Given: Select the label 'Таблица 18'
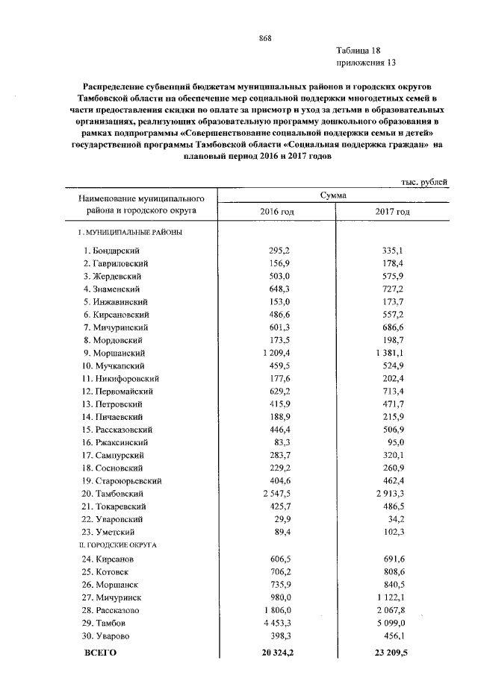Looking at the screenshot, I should coord(359,51).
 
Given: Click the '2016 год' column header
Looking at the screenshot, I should coord(276,212).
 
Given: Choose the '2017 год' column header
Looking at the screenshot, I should coord(392,212).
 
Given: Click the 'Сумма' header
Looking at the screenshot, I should coord(332,195).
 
